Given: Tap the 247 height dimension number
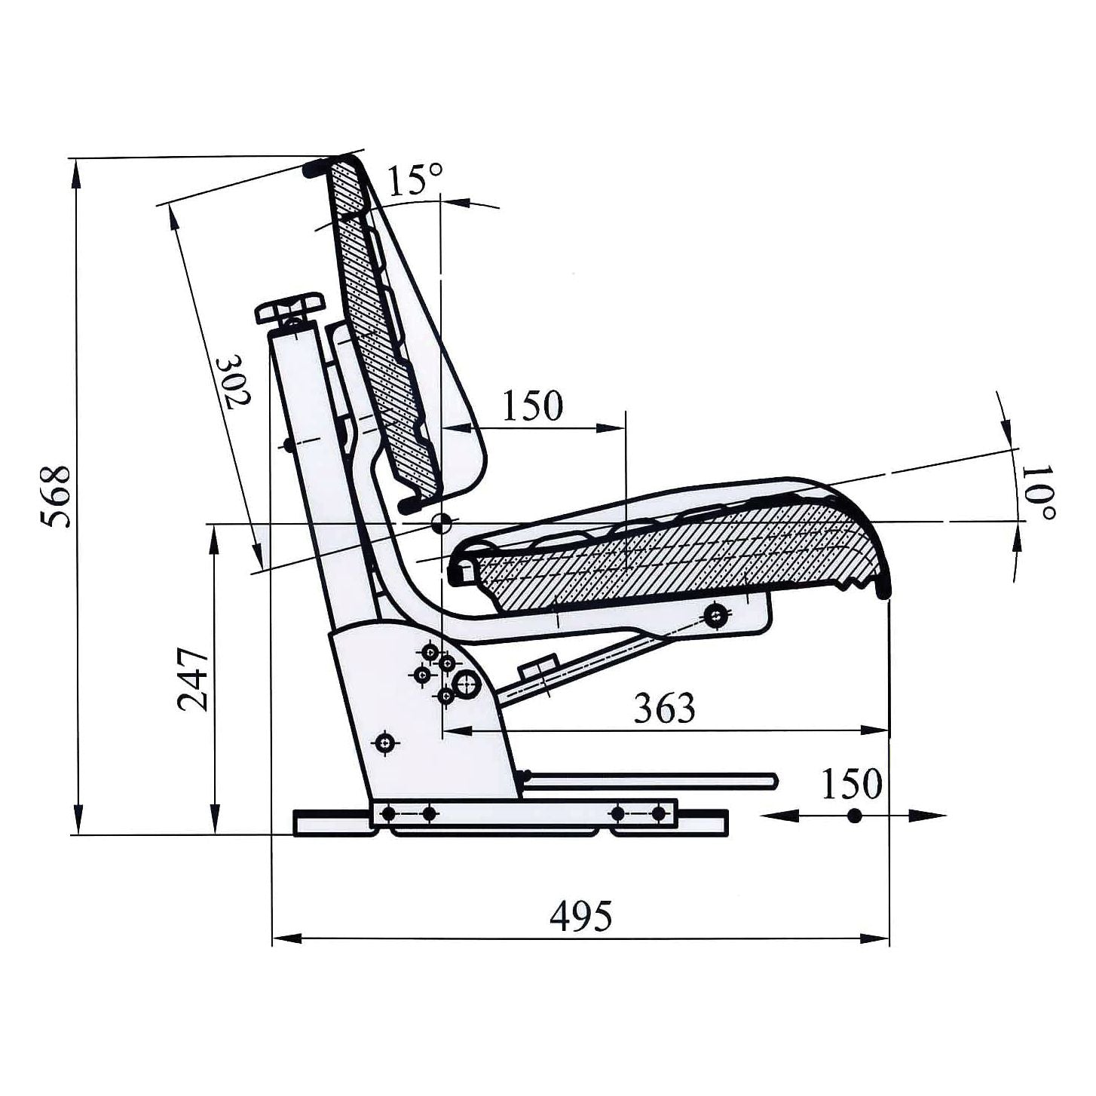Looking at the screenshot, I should pyautogui.click(x=192, y=679).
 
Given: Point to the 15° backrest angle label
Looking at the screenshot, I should pyautogui.click(x=415, y=180).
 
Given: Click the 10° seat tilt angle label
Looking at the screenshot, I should pyautogui.click(x=1041, y=491).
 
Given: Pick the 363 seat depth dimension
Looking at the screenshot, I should pyautogui.click(x=663, y=708).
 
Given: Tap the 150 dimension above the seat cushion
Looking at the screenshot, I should pyautogui.click(x=532, y=406).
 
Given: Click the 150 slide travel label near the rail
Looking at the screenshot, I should pyautogui.click(x=852, y=784).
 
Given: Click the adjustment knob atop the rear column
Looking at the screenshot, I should pyautogui.click(x=289, y=308).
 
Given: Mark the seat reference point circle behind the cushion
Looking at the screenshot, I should pyautogui.click(x=441, y=522).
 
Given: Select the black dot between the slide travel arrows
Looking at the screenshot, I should pyautogui.click(x=854, y=815).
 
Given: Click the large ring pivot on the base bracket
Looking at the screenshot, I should pyautogui.click(x=466, y=684).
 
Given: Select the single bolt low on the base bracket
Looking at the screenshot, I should pyautogui.click(x=387, y=743).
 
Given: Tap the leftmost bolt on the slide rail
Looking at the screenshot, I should pyautogui.click(x=389, y=813).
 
